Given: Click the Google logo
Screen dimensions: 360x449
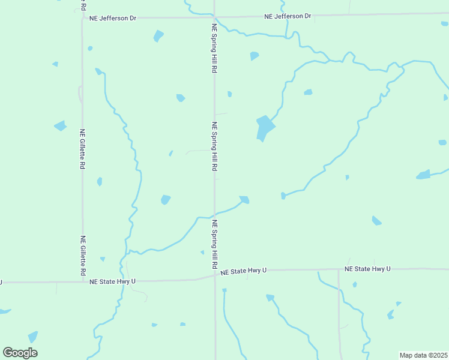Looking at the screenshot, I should [x=20, y=352].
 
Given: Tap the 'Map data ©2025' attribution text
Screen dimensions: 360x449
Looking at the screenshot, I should [x=423, y=355].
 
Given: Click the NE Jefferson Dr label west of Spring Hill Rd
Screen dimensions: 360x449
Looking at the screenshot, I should [x=112, y=18].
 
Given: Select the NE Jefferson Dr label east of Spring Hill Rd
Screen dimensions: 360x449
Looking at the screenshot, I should [x=288, y=16].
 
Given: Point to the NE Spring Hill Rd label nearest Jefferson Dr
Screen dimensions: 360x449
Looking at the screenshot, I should [x=214, y=49].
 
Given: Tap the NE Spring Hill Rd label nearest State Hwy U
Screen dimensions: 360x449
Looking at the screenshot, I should [x=214, y=244].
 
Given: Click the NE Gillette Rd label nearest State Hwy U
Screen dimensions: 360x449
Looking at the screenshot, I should [x=83, y=256].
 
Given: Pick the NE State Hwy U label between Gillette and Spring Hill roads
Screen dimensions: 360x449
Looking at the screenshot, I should [x=112, y=281].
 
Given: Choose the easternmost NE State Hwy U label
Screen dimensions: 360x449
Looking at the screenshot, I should [x=367, y=269].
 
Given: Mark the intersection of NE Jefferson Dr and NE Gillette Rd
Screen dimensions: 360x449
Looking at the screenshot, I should [x=82, y=18].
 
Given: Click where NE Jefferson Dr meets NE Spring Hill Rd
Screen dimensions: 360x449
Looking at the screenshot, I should [x=214, y=17].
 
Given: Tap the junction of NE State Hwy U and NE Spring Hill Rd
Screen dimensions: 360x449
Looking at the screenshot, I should [x=215, y=275].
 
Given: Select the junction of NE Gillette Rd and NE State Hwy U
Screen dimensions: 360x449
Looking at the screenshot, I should [x=83, y=281].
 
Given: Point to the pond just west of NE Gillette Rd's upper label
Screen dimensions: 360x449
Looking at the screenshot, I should [x=60, y=126].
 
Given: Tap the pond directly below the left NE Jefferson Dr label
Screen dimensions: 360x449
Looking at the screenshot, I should [x=158, y=36].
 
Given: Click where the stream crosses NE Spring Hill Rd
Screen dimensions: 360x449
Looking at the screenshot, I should [x=214, y=215].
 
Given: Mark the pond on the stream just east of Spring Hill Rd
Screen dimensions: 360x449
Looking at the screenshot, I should [x=244, y=200].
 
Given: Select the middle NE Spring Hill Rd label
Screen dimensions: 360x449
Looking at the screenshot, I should [x=214, y=147].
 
